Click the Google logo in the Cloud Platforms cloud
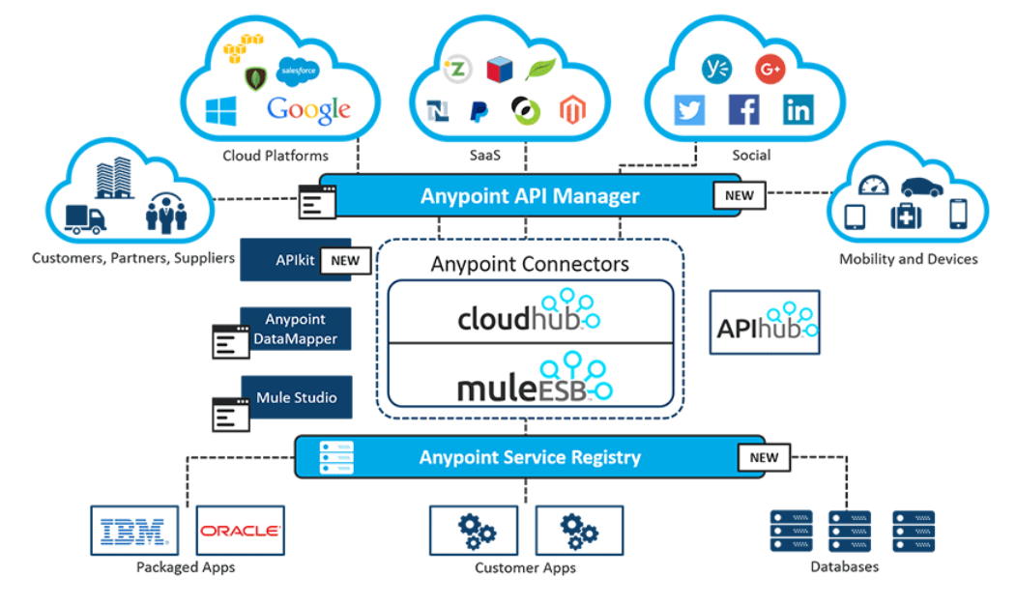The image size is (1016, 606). (308, 108)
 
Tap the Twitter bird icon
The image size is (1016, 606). (689, 110)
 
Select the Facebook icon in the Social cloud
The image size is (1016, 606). (743, 110)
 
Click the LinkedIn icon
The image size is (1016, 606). (798, 110)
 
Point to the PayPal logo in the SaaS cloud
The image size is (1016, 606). (479, 112)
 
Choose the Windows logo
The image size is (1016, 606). (220, 110)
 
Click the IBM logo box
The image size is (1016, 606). (134, 530)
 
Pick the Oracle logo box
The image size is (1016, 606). (240, 530)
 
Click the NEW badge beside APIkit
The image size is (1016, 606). (345, 260)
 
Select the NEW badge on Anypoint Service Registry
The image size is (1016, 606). (764, 456)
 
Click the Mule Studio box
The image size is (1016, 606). (296, 397)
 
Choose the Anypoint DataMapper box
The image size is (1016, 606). (296, 329)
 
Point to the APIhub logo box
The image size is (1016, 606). (765, 322)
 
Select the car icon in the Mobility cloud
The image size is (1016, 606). (921, 188)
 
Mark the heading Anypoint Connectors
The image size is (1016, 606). (530, 264)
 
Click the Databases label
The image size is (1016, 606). (845, 567)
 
